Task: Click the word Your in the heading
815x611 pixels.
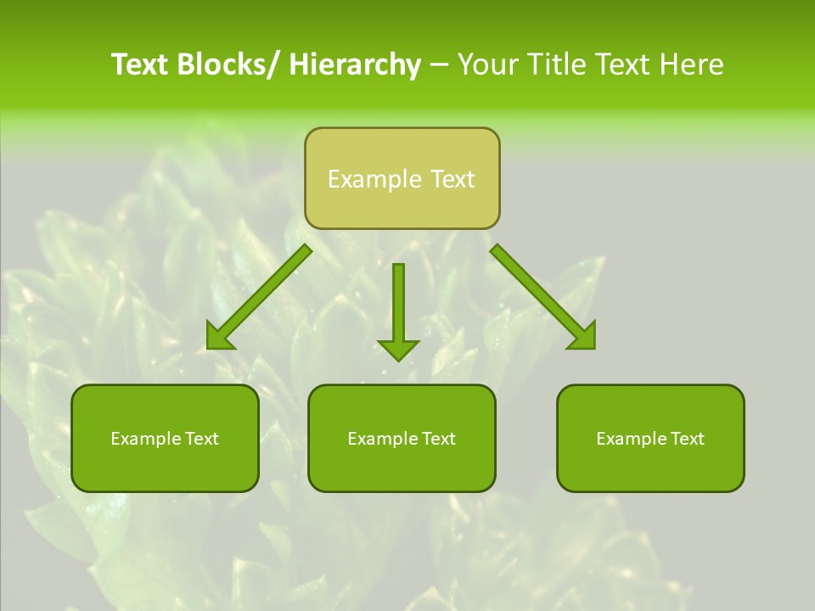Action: tap(489, 64)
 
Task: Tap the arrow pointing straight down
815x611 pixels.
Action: tap(398, 310)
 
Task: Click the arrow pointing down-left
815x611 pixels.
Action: tap(260, 297)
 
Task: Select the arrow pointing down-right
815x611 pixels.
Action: tap(543, 297)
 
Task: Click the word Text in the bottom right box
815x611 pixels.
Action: tap(686, 439)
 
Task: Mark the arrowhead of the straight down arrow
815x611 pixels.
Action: tap(398, 349)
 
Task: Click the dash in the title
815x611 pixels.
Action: tap(439, 65)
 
